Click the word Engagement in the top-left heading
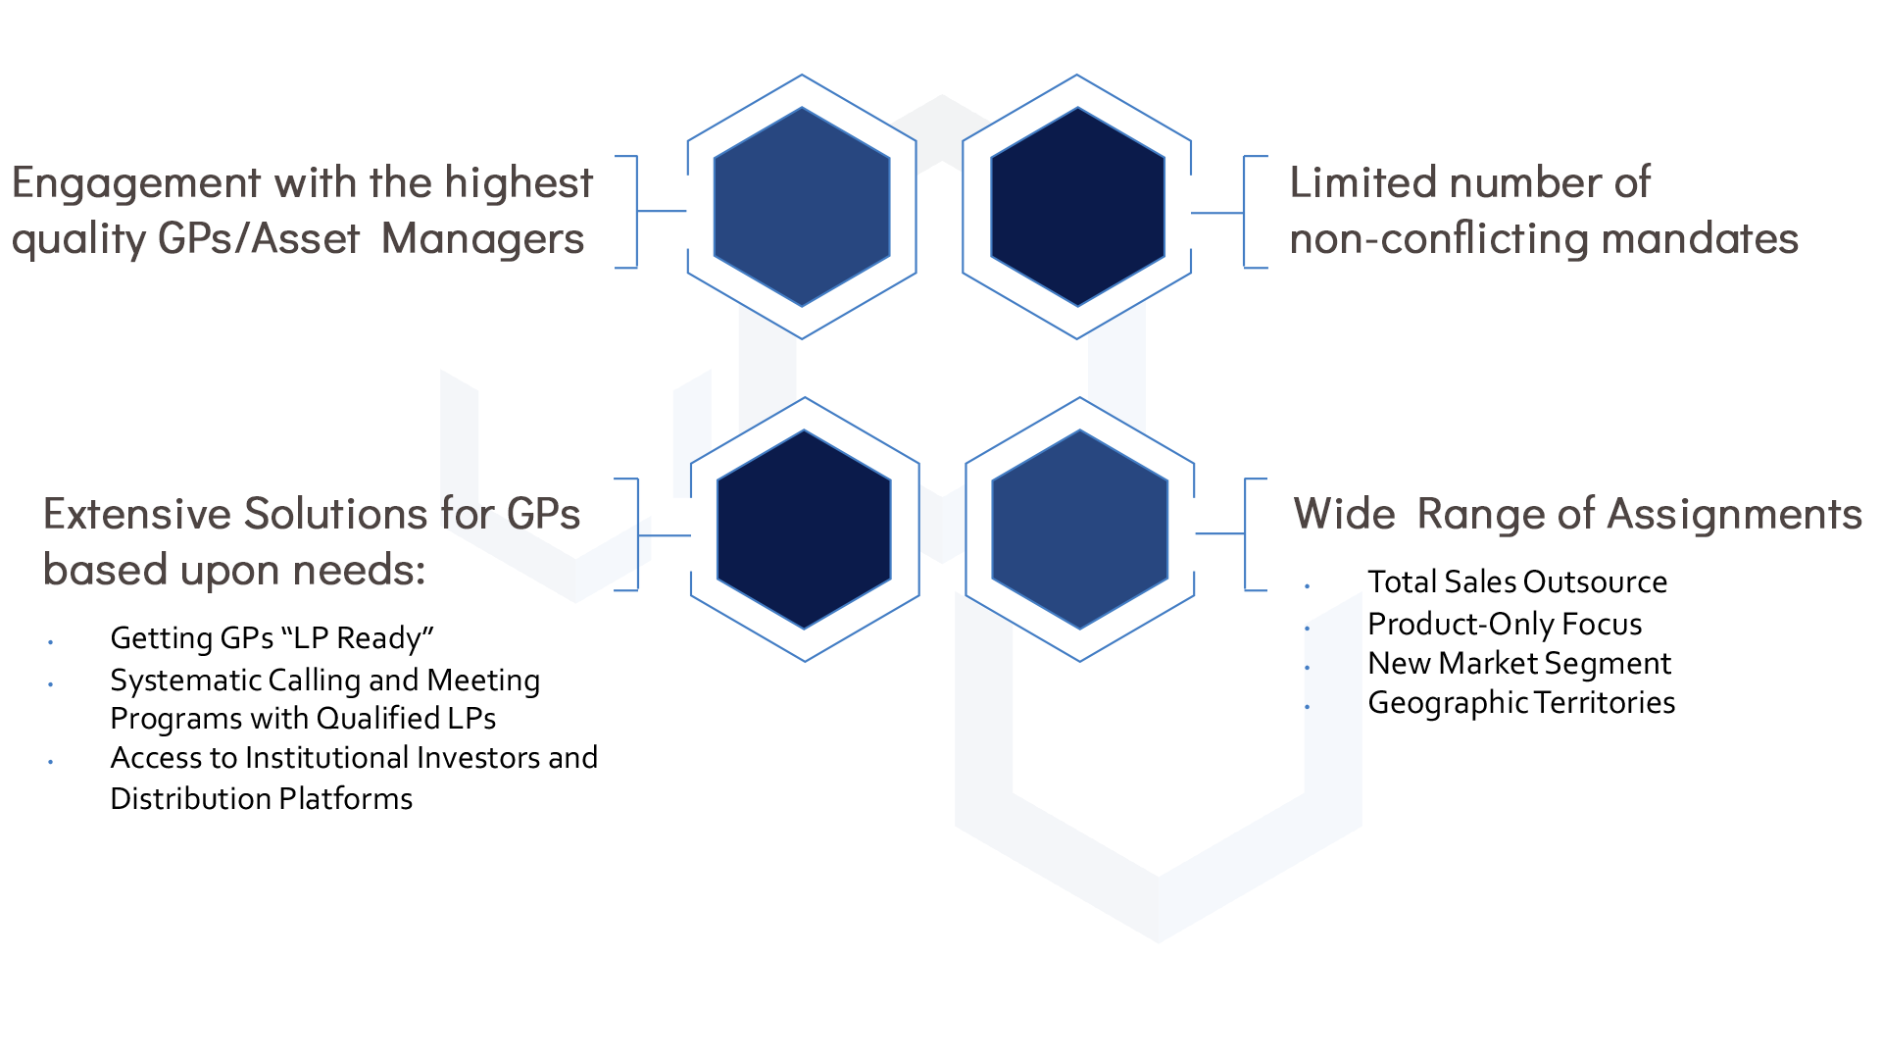pos(136,184)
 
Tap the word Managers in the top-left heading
pos(482,239)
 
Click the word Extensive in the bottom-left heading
pos(136,515)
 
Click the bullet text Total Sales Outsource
pos(1516,582)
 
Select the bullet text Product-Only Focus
pos(1504,625)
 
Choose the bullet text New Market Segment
pos(1518,664)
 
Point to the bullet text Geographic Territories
pos(1520,703)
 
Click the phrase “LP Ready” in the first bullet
pos(357,638)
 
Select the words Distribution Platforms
pos(261,799)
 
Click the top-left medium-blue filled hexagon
pos(802,207)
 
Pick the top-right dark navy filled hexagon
pos(1077,207)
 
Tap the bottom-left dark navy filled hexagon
pos(804,529)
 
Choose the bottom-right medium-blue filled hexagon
pos(1079,529)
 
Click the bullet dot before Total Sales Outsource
pos(1307,586)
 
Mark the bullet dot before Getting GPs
pos(50,643)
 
